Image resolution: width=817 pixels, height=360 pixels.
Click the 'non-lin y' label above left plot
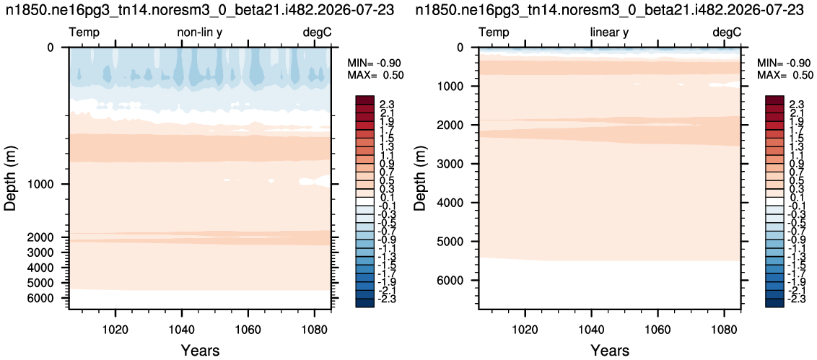click(201, 32)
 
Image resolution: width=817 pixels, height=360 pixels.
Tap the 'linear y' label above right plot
click(609, 32)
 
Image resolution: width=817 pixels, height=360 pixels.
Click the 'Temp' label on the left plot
click(84, 32)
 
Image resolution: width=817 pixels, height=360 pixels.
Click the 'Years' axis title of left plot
click(200, 350)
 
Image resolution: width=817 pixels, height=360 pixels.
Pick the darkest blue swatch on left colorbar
click(363, 303)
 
